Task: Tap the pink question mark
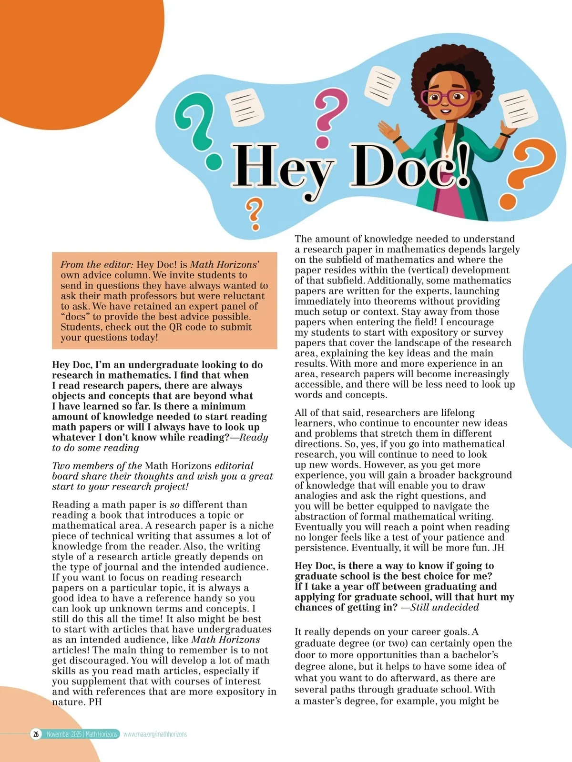point(329,114)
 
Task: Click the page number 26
point(36,734)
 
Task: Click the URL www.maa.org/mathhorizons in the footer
point(155,734)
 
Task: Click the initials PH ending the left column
point(95,702)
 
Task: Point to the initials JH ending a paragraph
point(498,548)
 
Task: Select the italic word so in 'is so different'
point(175,505)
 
